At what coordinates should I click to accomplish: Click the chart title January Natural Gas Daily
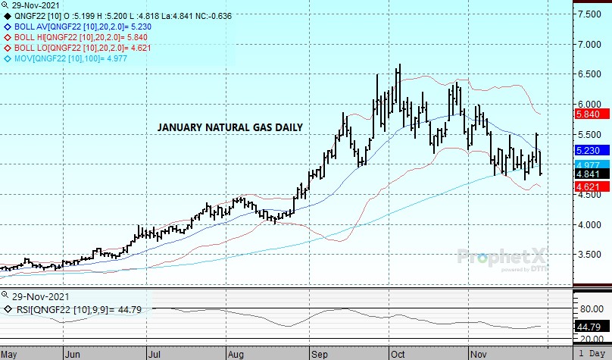tap(230, 127)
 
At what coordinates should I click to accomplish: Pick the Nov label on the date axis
tap(479, 353)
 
